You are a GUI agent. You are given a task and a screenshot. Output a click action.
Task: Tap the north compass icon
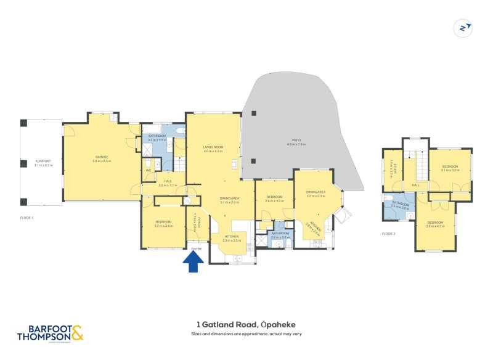pos(462,28)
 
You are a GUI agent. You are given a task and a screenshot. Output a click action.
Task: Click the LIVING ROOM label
pos(213,147)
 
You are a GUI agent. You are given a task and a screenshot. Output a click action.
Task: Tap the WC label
pos(149,170)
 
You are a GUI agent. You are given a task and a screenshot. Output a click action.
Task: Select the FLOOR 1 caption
pos(26,218)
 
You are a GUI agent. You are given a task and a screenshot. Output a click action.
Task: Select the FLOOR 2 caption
pos(389,234)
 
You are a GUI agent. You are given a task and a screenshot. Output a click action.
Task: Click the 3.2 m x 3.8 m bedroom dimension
pos(163,226)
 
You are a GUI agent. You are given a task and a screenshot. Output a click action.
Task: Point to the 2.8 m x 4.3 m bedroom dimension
pos(435,226)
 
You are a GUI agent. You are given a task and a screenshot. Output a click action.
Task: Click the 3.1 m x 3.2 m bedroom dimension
pos(450,170)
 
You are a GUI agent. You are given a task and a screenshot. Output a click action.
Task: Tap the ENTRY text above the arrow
pos(196,248)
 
